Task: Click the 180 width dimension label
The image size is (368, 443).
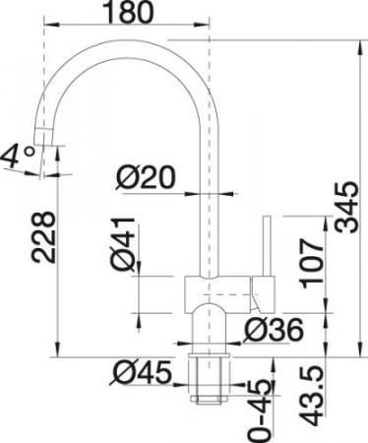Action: [129, 12]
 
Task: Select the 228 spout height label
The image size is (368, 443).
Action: [42, 237]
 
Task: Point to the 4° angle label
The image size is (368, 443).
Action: [19, 157]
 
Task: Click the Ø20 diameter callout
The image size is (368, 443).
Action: [147, 177]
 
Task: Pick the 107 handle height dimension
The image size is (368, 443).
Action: [313, 263]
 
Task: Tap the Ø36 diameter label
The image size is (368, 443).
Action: [275, 330]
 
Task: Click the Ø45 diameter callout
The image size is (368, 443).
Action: [141, 373]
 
